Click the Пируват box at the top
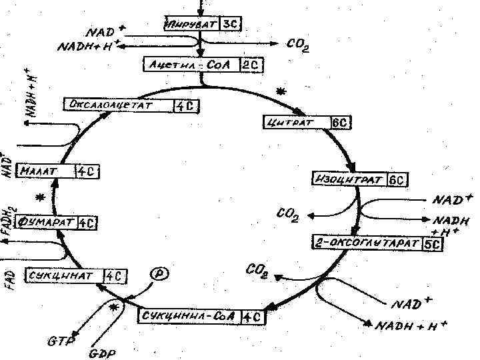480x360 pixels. [201, 25]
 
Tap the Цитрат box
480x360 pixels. [307, 122]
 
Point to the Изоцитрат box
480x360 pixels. [359, 179]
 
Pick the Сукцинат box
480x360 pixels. [75, 275]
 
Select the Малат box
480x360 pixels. [57, 171]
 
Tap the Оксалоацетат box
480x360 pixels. [132, 105]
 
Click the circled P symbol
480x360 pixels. [157, 274]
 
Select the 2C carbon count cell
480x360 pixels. [251, 64]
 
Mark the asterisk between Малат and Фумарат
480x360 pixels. [41, 198]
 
